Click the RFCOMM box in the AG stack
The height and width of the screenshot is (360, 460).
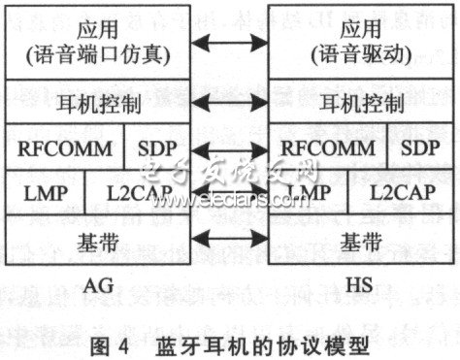(x=66, y=149)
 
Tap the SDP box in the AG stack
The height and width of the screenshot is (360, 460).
(x=158, y=149)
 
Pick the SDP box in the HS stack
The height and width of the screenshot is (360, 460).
(x=420, y=149)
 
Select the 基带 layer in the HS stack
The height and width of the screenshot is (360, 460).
(x=360, y=239)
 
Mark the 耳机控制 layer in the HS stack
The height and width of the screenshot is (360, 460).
(x=360, y=103)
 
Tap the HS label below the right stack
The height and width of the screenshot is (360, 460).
(x=359, y=283)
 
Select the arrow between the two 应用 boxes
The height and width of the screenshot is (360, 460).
(x=230, y=43)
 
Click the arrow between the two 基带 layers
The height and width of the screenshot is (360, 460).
(x=230, y=239)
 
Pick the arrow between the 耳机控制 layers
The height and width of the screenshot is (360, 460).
(x=230, y=103)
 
